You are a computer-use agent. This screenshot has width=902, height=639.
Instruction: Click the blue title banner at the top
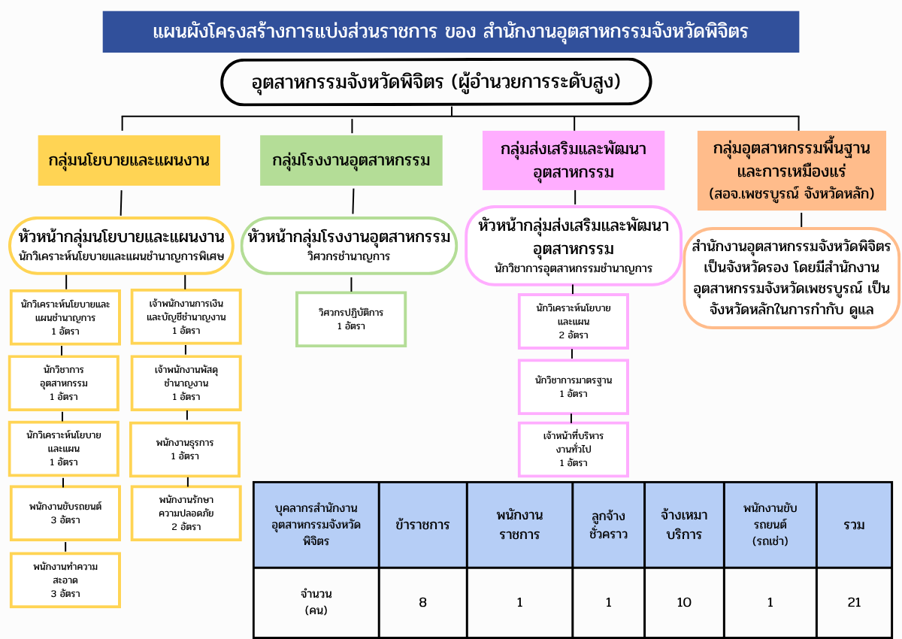pos(450,32)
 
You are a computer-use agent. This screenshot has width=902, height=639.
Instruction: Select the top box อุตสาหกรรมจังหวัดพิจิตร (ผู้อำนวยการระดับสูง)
pos(436,82)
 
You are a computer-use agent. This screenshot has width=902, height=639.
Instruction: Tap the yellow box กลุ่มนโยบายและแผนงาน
pos(129,160)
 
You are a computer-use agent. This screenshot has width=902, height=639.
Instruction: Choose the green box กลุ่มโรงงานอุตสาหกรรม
pos(351,160)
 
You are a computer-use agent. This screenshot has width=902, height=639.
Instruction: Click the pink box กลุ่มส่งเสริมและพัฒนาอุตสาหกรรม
pos(574,160)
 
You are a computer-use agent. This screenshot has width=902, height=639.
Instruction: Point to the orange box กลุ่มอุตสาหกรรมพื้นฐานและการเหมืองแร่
pos(792,171)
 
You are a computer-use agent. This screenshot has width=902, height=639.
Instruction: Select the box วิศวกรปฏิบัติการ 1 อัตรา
pos(351,319)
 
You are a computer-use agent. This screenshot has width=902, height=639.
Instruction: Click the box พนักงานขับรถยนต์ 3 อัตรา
pos(65,513)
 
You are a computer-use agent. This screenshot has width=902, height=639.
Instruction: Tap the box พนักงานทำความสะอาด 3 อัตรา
pos(65,580)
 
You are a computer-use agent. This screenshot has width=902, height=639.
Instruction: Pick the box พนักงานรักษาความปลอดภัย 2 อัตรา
pos(186,513)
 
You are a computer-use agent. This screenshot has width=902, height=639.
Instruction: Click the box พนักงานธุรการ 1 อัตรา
pos(185,450)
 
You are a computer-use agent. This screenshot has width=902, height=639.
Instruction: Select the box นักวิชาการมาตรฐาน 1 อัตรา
pos(574,387)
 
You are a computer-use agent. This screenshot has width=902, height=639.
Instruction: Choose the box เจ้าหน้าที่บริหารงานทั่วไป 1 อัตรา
pos(574,450)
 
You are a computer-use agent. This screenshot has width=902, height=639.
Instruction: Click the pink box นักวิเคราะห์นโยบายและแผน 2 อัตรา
pos(574,321)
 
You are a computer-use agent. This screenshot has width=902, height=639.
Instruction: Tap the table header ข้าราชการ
pos(422,525)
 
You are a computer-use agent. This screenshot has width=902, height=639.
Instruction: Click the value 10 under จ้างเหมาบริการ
pos(684,602)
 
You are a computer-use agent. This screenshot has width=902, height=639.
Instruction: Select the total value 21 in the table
pos(854,602)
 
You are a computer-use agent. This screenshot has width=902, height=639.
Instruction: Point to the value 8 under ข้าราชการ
pos(422,602)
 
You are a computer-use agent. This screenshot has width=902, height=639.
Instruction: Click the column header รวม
pos(854,525)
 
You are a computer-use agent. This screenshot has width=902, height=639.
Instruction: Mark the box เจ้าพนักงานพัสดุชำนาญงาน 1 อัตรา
pos(186,383)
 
